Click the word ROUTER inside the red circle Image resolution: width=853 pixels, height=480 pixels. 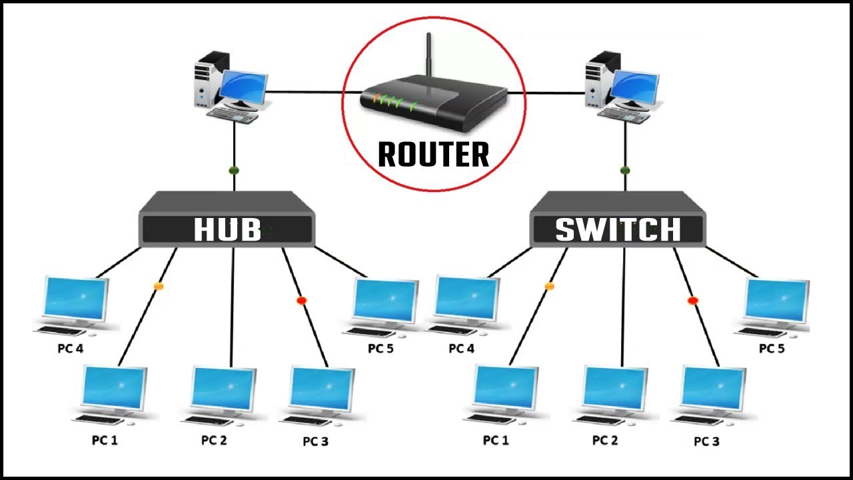click(433, 155)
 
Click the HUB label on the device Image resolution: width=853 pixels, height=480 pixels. click(227, 230)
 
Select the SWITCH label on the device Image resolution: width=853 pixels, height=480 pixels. click(618, 230)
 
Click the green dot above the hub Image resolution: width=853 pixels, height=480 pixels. click(234, 171)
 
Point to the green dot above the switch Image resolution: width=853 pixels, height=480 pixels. click(624, 171)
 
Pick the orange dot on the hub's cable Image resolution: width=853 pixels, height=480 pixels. click(159, 286)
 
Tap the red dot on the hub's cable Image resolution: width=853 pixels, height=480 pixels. click(301, 301)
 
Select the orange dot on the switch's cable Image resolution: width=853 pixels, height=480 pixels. click(549, 286)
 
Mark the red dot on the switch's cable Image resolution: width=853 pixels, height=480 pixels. click(692, 301)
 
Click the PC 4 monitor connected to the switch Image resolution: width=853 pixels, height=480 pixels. click(466, 299)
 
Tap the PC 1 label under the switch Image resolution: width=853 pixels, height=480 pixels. click(496, 441)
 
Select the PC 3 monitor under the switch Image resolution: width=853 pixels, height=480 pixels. click(712, 389)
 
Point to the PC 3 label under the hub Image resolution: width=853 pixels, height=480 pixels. click(315, 441)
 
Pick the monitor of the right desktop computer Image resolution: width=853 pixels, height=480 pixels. click(634, 87)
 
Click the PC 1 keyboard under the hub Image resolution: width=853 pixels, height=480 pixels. click(100, 420)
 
